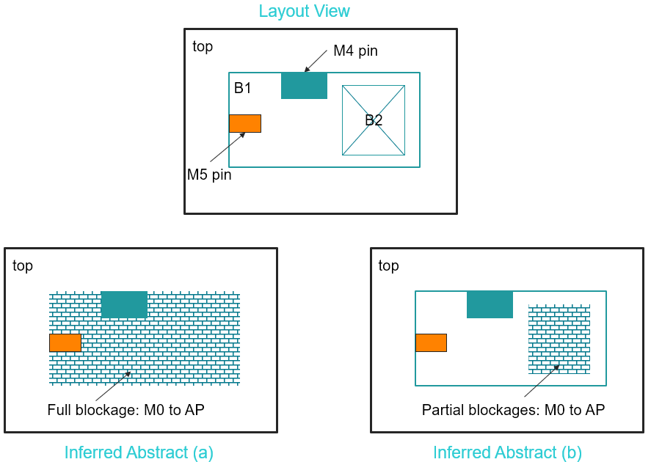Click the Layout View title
[x=304, y=11]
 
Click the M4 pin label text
[x=355, y=51]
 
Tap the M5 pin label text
[x=209, y=175]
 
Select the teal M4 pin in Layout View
[x=304, y=85]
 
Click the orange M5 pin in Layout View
[x=244, y=123]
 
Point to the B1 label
[x=242, y=88]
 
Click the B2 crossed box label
[x=374, y=120]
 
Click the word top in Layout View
[x=203, y=47]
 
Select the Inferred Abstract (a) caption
[x=139, y=452]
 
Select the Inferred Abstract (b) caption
[x=507, y=452]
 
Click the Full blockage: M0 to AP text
[x=126, y=410]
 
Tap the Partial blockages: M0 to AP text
[x=513, y=410]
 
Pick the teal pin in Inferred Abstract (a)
[x=124, y=304]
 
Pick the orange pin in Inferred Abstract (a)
[x=65, y=342]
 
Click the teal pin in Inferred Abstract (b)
[x=490, y=304]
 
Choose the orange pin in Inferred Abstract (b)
[x=431, y=342]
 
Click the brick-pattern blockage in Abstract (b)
[x=559, y=339]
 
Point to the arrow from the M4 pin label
[x=316, y=61]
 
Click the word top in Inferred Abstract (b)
[x=388, y=265]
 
